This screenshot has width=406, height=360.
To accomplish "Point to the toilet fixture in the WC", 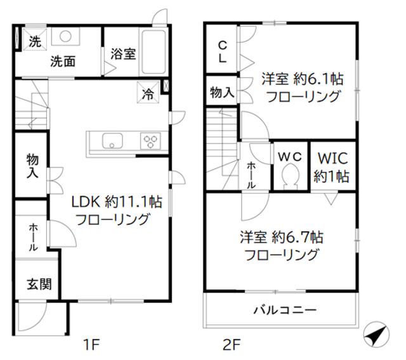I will coord(291,176).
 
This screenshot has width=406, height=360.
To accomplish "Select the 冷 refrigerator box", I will coord(147,94).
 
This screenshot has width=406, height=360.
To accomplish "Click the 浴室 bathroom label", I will coord(122,54).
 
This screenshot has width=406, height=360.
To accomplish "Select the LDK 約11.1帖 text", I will coord(115,203).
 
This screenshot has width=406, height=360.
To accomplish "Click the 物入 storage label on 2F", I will coord(221,93).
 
